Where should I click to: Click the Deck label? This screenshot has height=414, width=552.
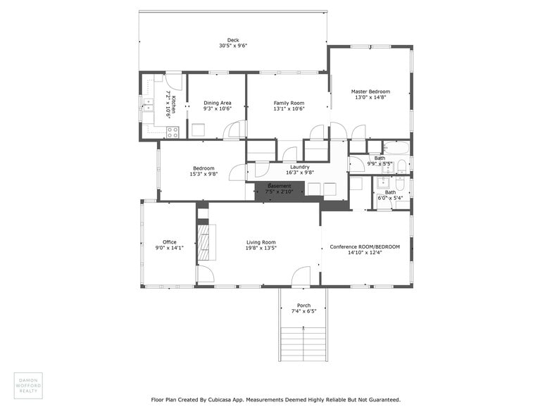pos(232,39)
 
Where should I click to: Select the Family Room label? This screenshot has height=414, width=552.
pos(289,103)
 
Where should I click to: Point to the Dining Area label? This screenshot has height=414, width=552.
pos(218,103)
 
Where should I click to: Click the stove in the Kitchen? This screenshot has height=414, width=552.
pos(172,131)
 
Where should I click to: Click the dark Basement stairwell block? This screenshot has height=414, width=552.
pos(279,189)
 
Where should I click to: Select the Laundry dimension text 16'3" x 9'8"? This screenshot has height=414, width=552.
pos(299,172)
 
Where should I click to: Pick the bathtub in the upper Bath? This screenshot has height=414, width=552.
pos(396,148)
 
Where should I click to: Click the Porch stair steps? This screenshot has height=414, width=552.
pos(303,344)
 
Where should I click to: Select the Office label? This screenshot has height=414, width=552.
pos(169,241)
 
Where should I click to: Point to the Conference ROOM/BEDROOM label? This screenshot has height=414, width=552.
pos(365,246)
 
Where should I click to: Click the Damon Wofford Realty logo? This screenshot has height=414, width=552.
pos(28,385)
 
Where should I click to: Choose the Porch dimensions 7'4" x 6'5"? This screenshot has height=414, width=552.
pos(303,310)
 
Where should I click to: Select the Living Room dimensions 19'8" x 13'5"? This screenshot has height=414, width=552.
pos(261,248)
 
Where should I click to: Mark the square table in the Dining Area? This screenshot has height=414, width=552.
pos(199,130)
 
